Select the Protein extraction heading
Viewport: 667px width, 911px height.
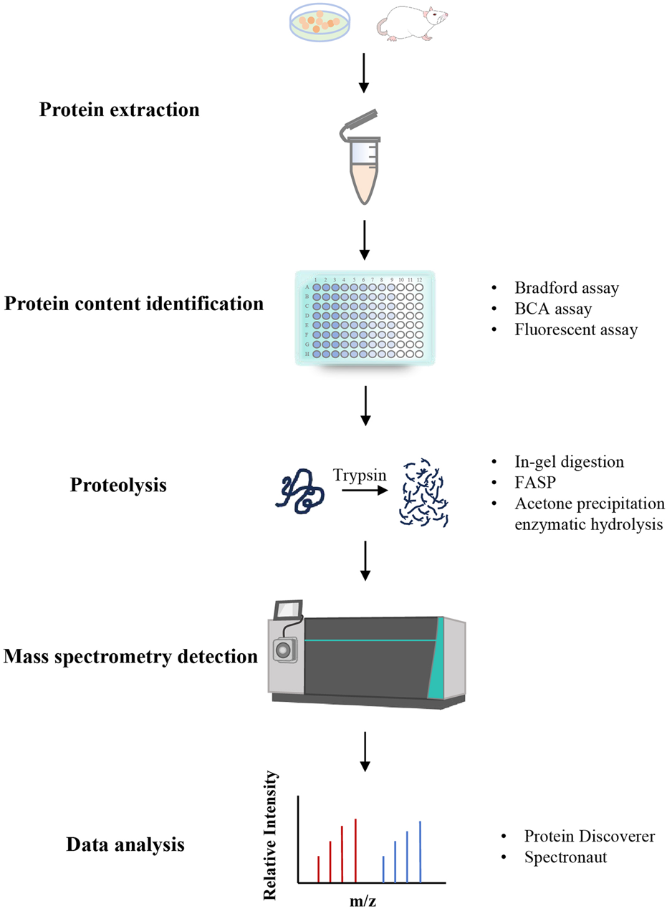[x=119, y=110]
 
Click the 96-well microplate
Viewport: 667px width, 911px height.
[x=365, y=317]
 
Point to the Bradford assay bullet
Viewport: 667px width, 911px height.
[x=566, y=289]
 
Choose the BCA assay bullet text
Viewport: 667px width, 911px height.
[x=552, y=309]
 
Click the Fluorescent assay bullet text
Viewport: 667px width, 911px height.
[x=575, y=330]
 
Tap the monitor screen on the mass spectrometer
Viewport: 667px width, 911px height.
[x=289, y=609]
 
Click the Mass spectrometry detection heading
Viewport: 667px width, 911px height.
[x=130, y=655]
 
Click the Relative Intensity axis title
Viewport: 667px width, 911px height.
[x=271, y=835]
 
